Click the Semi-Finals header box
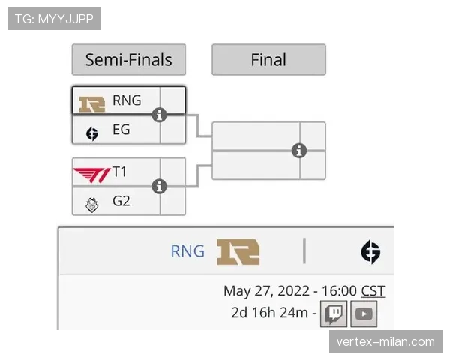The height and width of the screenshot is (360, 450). [x=129, y=60]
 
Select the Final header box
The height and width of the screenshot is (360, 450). [x=269, y=60]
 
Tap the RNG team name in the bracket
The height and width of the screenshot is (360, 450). [x=127, y=100]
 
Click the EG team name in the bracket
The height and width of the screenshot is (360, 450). [x=121, y=130]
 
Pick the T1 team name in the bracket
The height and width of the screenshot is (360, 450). [x=119, y=172]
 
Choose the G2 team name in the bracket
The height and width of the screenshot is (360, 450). [x=121, y=201]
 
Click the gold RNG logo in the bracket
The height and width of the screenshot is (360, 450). [x=91, y=104]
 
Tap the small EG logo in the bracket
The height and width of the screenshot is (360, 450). [x=91, y=133]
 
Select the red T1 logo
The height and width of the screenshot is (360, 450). [x=91, y=175]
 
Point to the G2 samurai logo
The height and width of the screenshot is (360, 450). [x=91, y=205]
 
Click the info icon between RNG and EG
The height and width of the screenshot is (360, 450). [x=159, y=115]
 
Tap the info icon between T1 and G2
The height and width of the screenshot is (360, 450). [x=159, y=187]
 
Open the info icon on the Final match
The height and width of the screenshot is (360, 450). [x=299, y=151]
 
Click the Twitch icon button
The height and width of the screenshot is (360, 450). [x=334, y=313]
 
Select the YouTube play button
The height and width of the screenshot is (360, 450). [x=364, y=313]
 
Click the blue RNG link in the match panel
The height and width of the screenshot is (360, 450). [x=187, y=251]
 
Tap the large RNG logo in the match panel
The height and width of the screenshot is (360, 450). [x=238, y=252]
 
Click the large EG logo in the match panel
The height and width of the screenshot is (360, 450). [x=370, y=252]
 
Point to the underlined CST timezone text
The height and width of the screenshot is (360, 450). [x=373, y=291]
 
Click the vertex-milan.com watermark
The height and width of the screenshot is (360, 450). [x=385, y=342]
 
